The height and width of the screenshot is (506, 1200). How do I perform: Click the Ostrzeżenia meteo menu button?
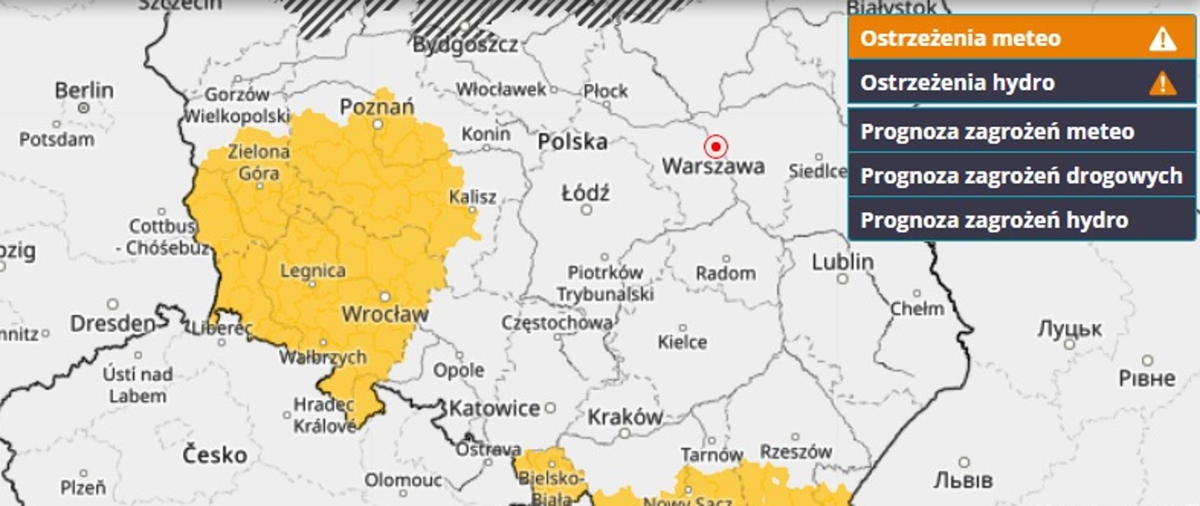(1021, 38)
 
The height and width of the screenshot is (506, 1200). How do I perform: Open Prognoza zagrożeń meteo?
(1021, 132)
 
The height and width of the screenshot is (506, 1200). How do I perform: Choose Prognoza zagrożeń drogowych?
(1021, 176)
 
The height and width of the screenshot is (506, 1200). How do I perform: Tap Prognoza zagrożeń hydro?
(1021, 221)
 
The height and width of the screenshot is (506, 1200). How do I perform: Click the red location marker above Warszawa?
(716, 147)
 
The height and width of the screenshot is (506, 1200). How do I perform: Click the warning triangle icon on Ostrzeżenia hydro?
(1162, 83)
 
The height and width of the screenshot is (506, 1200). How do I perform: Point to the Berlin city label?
(84, 91)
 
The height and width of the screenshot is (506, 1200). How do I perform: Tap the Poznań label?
(377, 107)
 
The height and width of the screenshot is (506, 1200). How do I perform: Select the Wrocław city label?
(385, 314)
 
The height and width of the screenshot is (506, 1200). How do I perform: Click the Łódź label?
(586, 194)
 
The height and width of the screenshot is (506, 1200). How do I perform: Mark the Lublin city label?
(842, 262)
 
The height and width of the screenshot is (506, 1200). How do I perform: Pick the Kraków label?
(625, 417)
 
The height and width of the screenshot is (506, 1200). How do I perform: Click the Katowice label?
(494, 409)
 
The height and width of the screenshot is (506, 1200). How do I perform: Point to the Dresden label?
(112, 324)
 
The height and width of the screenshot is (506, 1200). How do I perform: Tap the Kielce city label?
(682, 342)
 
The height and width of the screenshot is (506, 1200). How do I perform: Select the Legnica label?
(312, 271)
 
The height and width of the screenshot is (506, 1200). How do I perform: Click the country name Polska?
(572, 142)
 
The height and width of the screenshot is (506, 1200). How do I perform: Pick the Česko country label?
(214, 455)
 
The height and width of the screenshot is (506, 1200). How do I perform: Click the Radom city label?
(726, 274)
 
